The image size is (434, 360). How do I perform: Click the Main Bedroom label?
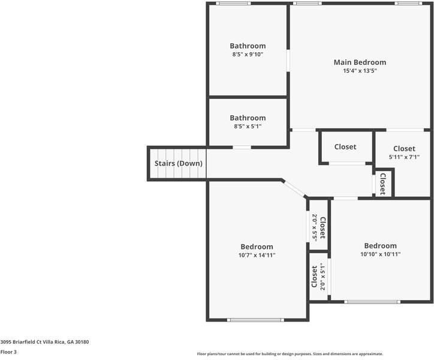(360, 62)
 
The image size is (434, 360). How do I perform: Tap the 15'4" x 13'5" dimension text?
(360, 71)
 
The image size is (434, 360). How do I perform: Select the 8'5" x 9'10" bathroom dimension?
(248, 55)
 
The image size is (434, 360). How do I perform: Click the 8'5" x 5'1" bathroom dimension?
(248, 127)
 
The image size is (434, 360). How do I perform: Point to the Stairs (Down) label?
(178, 163)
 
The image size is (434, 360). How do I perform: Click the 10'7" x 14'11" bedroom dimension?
(257, 255)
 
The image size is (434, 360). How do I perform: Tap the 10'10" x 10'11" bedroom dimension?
(380, 254)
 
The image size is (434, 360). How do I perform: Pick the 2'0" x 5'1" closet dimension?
(323, 277)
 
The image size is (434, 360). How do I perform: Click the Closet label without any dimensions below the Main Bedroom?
(345, 146)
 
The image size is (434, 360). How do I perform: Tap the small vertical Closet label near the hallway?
(382, 184)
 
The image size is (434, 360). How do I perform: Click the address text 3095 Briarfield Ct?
(44, 342)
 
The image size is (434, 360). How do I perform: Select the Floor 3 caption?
(8, 352)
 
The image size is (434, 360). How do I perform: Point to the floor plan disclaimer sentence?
(290, 354)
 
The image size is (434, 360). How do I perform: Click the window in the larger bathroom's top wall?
(233, 4)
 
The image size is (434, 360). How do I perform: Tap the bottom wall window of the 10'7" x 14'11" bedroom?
(255, 319)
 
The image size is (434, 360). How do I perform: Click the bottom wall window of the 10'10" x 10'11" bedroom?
(372, 301)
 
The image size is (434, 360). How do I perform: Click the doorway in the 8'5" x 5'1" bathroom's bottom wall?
(242, 147)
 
